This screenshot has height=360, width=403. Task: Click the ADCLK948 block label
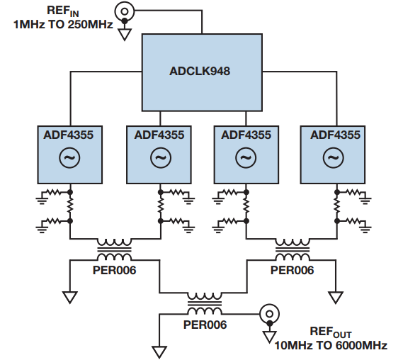pyautogui.click(x=200, y=72)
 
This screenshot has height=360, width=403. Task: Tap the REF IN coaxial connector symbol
pyautogui.click(x=125, y=11)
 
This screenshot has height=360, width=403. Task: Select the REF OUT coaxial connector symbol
pyautogui.click(x=269, y=314)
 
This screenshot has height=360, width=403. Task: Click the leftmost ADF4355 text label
pyautogui.click(x=69, y=135)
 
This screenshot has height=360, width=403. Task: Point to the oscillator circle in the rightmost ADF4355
pyautogui.click(x=334, y=157)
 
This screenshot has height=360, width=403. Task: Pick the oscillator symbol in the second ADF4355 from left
pyautogui.click(x=161, y=157)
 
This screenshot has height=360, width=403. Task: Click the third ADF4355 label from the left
pyautogui.click(x=246, y=135)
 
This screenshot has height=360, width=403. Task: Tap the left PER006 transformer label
pyautogui.click(x=114, y=270)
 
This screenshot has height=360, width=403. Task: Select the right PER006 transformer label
pyautogui.click(x=293, y=270)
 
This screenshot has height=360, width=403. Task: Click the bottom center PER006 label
pyautogui.click(x=205, y=325)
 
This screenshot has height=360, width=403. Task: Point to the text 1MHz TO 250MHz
pyautogui.click(x=63, y=25)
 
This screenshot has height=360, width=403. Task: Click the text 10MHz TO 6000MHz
pyautogui.click(x=331, y=345)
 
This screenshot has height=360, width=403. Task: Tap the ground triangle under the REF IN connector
pyautogui.click(x=125, y=34)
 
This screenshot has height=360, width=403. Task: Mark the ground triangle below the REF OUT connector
pyautogui.click(x=269, y=337)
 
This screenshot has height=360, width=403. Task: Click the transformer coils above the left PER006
pyautogui.click(x=114, y=249)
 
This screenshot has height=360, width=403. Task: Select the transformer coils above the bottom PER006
pyautogui.click(x=205, y=304)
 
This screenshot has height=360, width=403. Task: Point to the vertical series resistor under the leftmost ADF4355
pyautogui.click(x=69, y=206)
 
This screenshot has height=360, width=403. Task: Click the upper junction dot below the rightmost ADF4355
pyautogui.click(x=337, y=192)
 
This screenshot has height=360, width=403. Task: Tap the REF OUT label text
pyautogui.click(x=331, y=332)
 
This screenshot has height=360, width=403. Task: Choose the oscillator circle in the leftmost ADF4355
pyautogui.click(x=69, y=157)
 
